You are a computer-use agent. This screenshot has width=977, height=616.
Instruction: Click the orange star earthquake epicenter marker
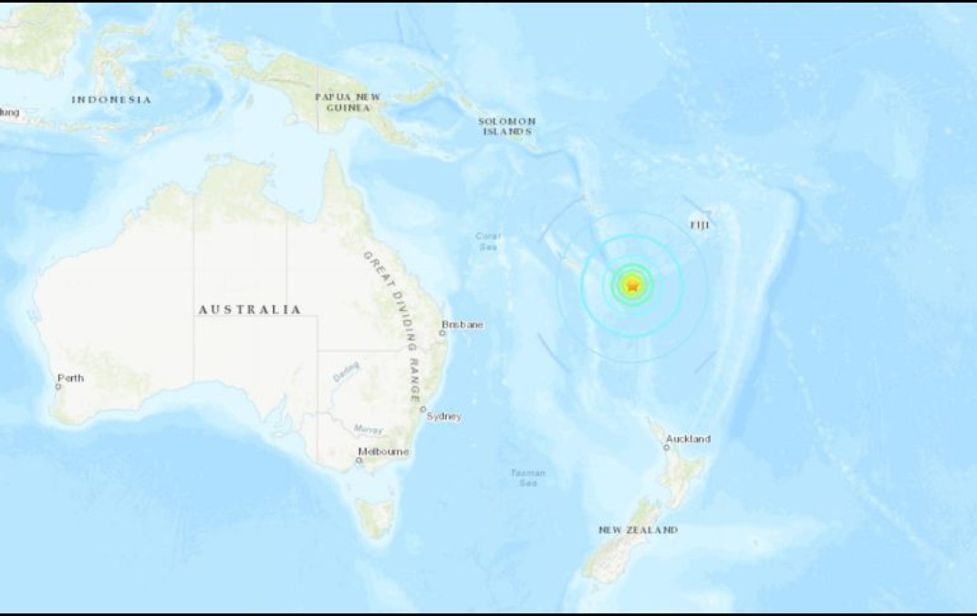pyautogui.click(x=632, y=286)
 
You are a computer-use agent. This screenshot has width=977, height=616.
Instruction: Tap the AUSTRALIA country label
pyautogui.click(x=250, y=310)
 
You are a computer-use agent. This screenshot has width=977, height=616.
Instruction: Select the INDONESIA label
pyautogui.click(x=111, y=99)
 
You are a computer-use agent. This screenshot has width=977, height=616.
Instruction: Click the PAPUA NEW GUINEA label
pyautogui.click(x=348, y=101)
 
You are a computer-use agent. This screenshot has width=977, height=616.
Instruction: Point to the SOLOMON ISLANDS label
pyautogui.click(x=507, y=126)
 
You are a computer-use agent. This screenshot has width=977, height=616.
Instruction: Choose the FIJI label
pyautogui.click(x=700, y=222)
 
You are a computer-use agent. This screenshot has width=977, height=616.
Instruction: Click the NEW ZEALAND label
pyautogui.click(x=639, y=530)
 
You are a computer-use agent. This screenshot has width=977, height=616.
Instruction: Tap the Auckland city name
pyautogui.click(x=689, y=439)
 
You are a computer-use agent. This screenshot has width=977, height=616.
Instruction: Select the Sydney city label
pyautogui.click(x=444, y=417)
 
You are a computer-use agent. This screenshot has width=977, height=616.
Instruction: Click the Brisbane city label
pyautogui.click(x=463, y=325)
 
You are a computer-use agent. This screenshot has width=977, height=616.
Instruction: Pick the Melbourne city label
pyautogui.click(x=383, y=453)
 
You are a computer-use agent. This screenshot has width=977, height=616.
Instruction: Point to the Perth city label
pyautogui.click(x=70, y=377)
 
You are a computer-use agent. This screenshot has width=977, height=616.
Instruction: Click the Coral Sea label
pyautogui.click(x=487, y=241)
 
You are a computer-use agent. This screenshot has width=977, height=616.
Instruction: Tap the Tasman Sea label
pyautogui.click(x=528, y=477)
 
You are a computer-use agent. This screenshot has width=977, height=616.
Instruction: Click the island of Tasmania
pyautogui.click(x=375, y=517)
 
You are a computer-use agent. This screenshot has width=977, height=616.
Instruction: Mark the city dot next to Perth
pyautogui.click(x=58, y=386)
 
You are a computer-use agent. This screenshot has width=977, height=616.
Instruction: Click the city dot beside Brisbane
pyautogui.click(x=442, y=333)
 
